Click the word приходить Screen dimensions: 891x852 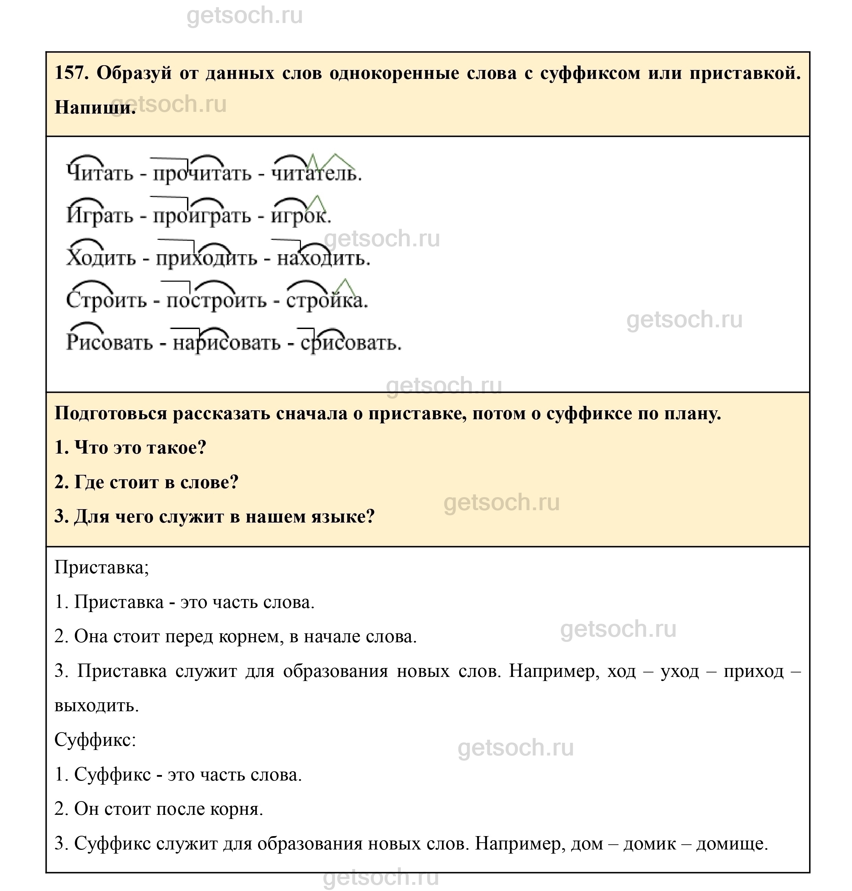[x=207, y=258]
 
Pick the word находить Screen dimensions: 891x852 [x=323, y=258]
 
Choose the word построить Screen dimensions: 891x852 [x=216, y=301]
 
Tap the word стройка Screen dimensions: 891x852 [x=326, y=301]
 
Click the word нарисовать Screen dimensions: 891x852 [x=226, y=343]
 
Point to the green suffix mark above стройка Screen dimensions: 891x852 [x=345, y=286]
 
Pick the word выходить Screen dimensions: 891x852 [x=96, y=705]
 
